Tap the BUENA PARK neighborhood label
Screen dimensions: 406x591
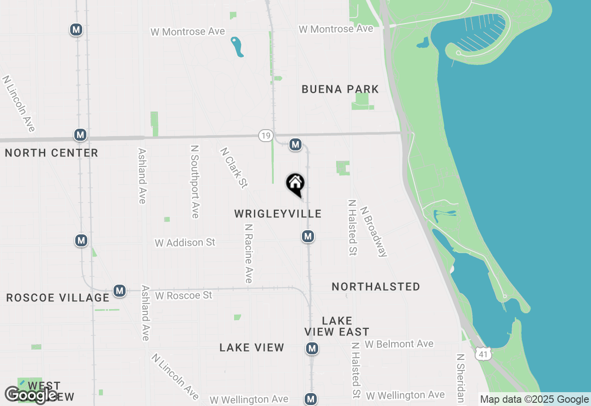pyautogui.click(x=340, y=89)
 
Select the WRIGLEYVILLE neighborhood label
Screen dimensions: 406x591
pyautogui.click(x=277, y=214)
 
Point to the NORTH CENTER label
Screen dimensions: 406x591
pyautogui.click(x=51, y=153)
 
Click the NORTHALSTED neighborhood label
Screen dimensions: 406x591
pyautogui.click(x=376, y=287)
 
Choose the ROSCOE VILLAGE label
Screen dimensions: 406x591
pyautogui.click(x=58, y=298)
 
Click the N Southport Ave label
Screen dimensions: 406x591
pyautogui.click(x=195, y=181)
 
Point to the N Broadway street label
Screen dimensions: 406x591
pyautogui.click(x=373, y=231)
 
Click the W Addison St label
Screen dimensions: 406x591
pyautogui.click(x=185, y=242)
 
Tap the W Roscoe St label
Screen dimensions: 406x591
pyautogui.click(x=184, y=295)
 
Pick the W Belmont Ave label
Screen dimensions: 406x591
pyautogui.click(x=399, y=344)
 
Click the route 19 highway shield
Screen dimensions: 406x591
pyautogui.click(x=265, y=136)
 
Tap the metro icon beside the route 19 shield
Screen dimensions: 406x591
pyautogui.click(x=295, y=144)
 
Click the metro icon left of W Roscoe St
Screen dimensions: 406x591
pyautogui.click(x=120, y=291)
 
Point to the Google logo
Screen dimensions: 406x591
pyautogui.click(x=31, y=395)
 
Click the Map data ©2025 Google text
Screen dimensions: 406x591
pyautogui.click(x=534, y=400)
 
